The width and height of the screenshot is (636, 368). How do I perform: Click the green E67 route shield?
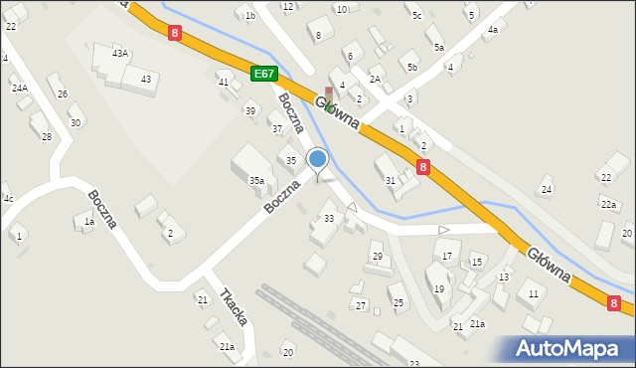click(263, 75)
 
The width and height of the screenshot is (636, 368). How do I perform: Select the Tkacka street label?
click(235, 305)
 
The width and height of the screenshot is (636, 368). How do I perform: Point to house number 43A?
click(120, 53)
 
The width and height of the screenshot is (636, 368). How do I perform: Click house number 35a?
click(256, 180)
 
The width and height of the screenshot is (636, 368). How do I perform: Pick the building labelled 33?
click(329, 218)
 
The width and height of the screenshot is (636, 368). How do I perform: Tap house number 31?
click(391, 180)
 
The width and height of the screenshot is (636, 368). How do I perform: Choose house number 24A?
click(20, 89)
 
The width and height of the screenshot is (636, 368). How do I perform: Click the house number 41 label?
click(224, 82)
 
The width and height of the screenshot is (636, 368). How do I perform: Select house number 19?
click(438, 288)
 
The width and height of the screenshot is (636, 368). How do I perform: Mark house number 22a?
click(608, 204)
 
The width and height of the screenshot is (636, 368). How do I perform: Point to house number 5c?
click(417, 16)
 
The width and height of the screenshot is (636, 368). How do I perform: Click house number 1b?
click(250, 16)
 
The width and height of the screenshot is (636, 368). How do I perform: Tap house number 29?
click(377, 257)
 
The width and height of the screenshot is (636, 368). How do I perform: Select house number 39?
click(250, 110)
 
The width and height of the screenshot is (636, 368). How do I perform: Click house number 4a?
click(492, 30)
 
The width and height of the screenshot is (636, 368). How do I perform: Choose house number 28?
click(46, 136)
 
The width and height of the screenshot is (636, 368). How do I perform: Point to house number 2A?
click(375, 79)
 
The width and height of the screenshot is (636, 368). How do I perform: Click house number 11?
click(534, 293)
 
